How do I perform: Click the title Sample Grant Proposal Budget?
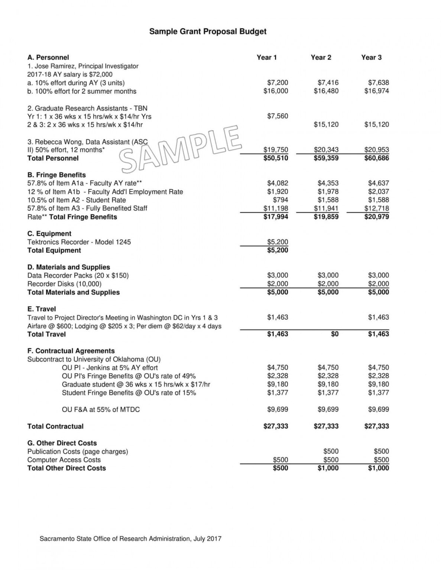208,32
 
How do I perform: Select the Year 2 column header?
321,58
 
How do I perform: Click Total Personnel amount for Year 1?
276,158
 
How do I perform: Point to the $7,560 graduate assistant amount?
278,116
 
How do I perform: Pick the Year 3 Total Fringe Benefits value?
376,217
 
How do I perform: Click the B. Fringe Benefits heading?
56,175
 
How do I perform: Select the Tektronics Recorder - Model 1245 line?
79,242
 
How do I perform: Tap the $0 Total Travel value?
335,334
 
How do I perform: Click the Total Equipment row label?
54,250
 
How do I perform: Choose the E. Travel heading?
42,309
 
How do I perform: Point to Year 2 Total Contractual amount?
326,426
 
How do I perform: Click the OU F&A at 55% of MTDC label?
101,410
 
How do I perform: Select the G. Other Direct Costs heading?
62,443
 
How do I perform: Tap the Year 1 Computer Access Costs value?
281,460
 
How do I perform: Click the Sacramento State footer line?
130,538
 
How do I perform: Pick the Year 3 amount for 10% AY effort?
378,83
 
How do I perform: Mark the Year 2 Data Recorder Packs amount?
328,275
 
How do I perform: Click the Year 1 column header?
267,58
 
